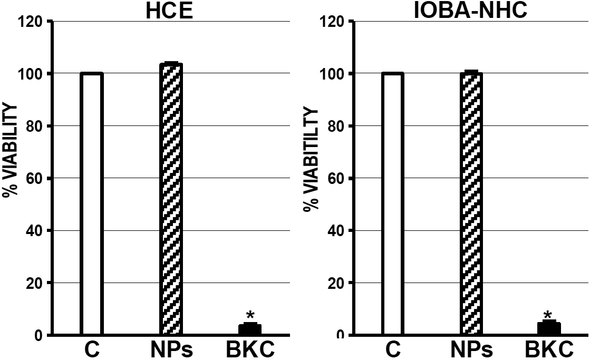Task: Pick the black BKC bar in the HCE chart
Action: tap(250, 329)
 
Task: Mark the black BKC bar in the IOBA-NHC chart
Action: tap(549, 328)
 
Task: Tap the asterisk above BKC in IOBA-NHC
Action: tap(548, 315)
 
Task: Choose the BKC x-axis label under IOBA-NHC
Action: tap(549, 349)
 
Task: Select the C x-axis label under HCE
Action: tap(92, 349)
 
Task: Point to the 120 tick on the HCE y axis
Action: tap(34, 22)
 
